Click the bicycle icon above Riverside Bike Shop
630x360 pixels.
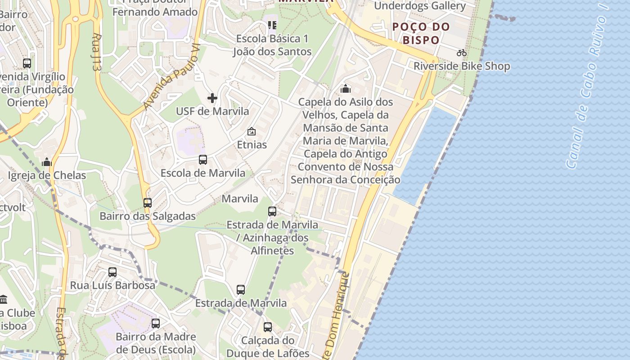[x=462, y=53]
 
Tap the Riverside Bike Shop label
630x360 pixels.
[x=462, y=66]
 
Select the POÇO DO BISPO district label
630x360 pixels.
[x=421, y=33]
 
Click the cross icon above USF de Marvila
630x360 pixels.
[x=212, y=98]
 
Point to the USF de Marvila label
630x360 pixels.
[x=212, y=111]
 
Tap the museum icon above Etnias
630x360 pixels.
[x=252, y=132]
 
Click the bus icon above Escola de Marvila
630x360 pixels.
[x=203, y=160]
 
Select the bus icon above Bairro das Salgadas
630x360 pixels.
[x=148, y=203]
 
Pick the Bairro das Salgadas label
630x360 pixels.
[x=148, y=216]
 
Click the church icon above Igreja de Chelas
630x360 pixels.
[x=47, y=162]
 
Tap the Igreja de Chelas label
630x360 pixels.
[x=47, y=175]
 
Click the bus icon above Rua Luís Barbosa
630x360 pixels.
[x=112, y=272]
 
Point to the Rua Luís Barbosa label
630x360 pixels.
[x=112, y=285]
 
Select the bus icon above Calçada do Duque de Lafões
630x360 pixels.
[x=268, y=327]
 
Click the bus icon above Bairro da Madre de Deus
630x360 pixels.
[x=156, y=323]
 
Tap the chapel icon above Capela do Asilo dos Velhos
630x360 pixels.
[x=346, y=89]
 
